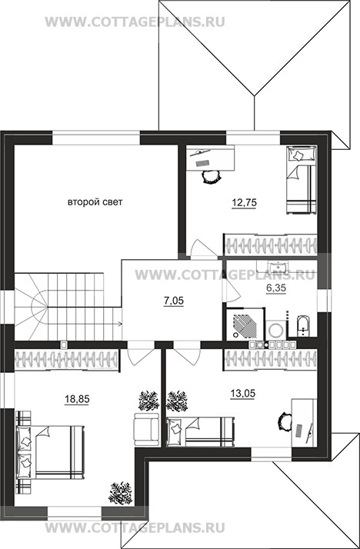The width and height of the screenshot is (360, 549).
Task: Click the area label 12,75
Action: (244, 202)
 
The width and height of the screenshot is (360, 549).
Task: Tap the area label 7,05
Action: (174, 301)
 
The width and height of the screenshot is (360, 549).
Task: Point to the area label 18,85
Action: (77, 399)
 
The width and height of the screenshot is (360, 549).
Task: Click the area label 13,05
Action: (242, 394)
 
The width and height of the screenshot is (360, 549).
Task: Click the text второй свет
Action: (95, 202)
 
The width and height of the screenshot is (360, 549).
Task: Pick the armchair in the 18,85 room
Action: (146, 429)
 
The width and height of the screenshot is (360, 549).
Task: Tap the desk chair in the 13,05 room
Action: (285, 420)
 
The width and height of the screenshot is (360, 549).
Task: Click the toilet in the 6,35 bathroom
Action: (302, 325)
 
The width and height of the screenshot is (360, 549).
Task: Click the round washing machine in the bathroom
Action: (277, 330)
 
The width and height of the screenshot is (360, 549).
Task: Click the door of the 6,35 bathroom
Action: (231, 291)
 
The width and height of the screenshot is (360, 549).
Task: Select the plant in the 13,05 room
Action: (177, 401)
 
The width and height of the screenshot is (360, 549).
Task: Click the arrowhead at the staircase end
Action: (120, 323)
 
